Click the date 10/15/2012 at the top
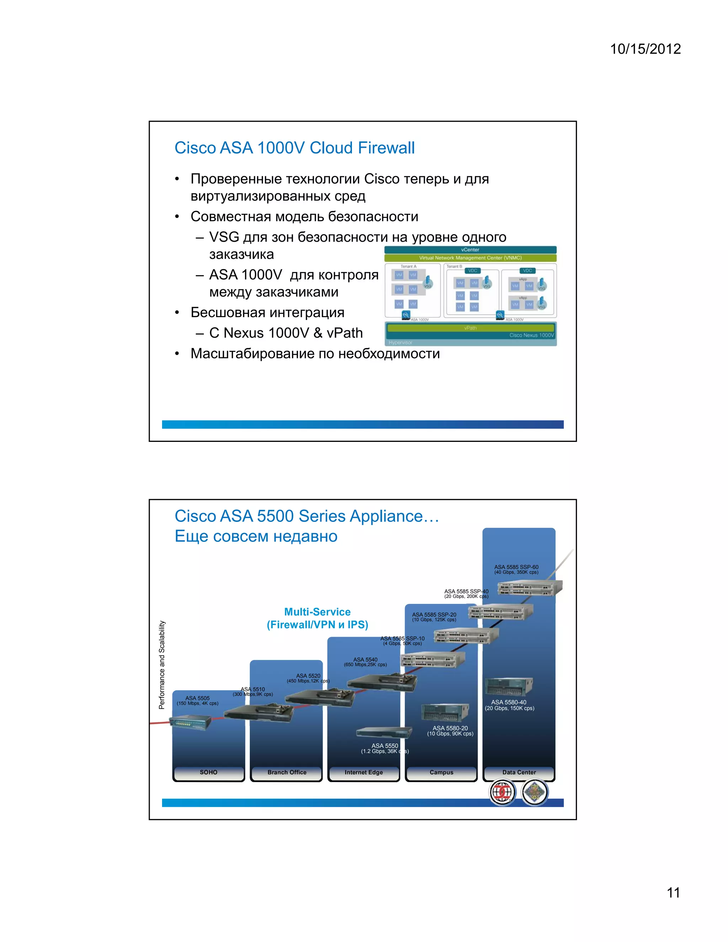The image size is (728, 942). pos(645,49)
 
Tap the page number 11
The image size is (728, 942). pos(673,892)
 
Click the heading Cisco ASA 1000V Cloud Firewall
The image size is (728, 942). pos(294,148)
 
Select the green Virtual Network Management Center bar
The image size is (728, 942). pos(470,258)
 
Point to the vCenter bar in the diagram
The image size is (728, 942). pos(470,250)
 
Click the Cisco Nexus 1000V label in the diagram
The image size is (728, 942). pos(531,335)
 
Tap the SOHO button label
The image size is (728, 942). pos(208,772)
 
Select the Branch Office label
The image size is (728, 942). pos(287,772)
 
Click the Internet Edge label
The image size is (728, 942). pos(364,772)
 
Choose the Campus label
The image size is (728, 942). pos(441,772)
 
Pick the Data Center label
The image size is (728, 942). pos(519,772)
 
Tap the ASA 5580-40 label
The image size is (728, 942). pos(509,702)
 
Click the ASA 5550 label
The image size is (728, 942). pos(385,746)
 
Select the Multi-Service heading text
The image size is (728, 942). pos(317,612)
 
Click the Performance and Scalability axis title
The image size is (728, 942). pos(162,665)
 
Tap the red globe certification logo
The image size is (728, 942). pos(502,792)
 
